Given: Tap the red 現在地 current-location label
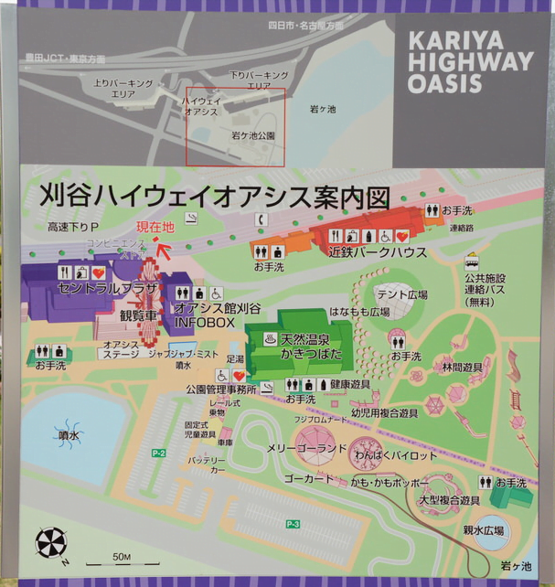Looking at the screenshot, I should (x=155, y=228).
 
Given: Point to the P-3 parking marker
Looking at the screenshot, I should (x=293, y=524).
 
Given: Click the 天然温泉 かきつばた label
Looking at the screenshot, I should (x=308, y=345).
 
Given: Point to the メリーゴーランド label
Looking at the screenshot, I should (x=306, y=448).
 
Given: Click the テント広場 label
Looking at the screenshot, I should (x=405, y=295).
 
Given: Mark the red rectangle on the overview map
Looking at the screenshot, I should (x=237, y=127).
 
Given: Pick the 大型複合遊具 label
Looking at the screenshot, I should (x=449, y=501).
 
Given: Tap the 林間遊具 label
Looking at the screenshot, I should (x=462, y=367).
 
